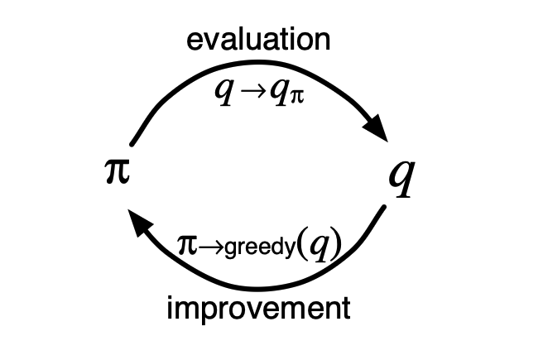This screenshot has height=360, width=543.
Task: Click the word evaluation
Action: [x=258, y=40]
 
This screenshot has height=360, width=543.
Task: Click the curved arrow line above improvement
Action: [x=273, y=286]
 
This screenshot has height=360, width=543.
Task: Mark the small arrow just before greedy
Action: [x=209, y=245]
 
